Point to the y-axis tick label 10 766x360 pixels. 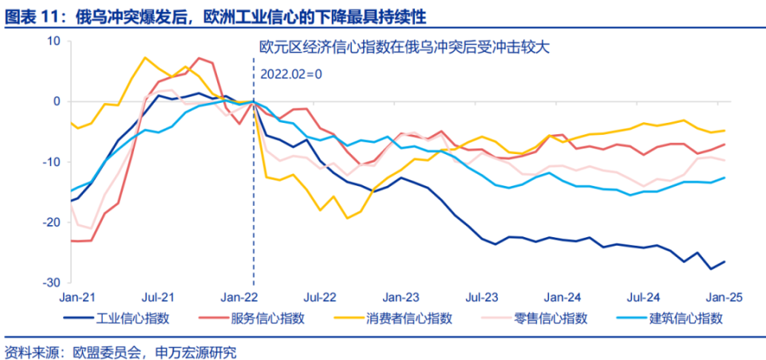pyautogui.click(x=53, y=41)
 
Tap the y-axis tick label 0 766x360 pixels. pyautogui.click(x=57, y=101)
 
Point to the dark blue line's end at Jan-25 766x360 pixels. pyautogui.click(x=725, y=262)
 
